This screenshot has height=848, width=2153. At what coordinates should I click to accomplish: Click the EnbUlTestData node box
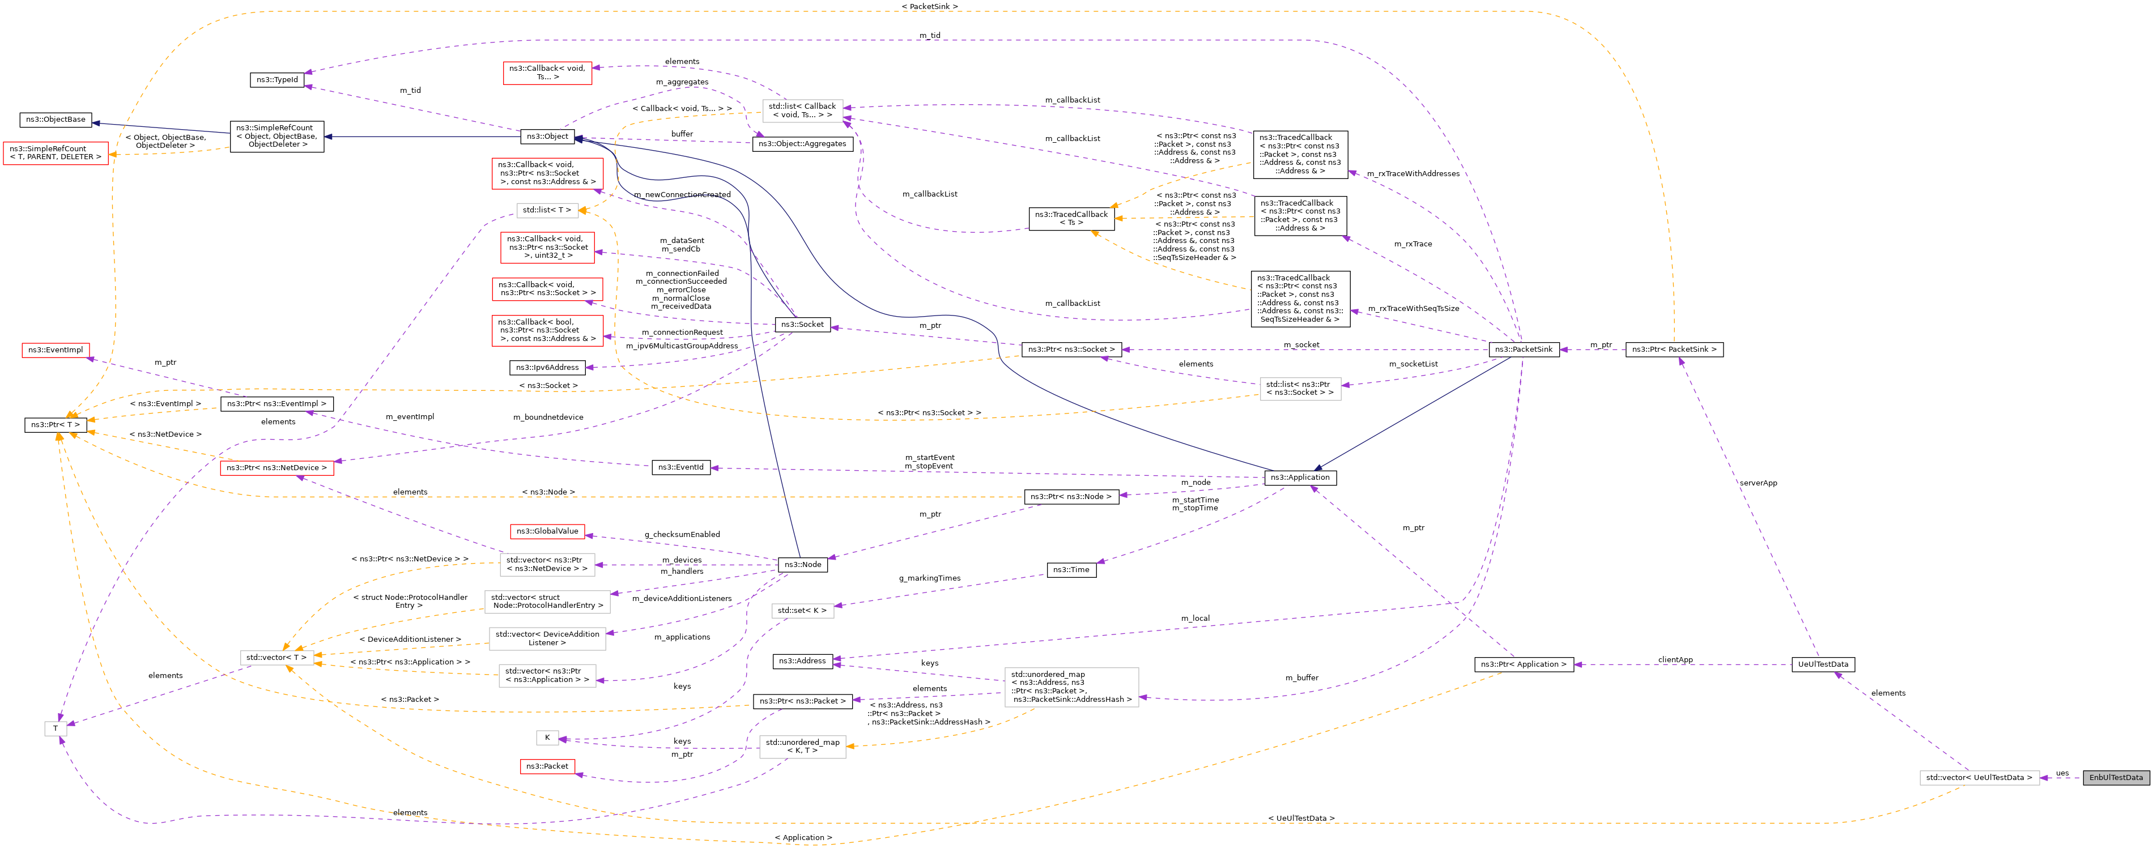(x=2116, y=777)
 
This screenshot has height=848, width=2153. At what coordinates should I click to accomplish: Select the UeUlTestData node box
(x=1823, y=664)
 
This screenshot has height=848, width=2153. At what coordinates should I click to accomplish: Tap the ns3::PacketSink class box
(x=1524, y=349)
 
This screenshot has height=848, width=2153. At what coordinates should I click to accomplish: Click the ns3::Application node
(x=1300, y=477)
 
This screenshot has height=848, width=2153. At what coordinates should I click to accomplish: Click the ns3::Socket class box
(x=802, y=324)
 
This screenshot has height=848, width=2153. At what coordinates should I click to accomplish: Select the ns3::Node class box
(x=802, y=565)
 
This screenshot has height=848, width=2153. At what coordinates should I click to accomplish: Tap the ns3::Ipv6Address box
(x=547, y=368)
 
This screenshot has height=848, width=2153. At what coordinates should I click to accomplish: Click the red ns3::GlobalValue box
(x=547, y=531)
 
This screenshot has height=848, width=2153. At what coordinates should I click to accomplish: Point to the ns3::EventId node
(x=680, y=467)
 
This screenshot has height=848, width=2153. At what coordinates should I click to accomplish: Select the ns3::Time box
(x=1071, y=570)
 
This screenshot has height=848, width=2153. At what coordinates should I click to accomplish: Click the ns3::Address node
(x=802, y=661)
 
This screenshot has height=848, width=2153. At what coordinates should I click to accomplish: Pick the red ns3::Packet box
(x=547, y=766)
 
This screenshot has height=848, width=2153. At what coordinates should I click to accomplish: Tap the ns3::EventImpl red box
(x=55, y=350)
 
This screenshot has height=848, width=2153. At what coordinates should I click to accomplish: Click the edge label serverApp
(x=1758, y=483)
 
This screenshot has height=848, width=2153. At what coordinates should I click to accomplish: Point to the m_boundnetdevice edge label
(x=548, y=417)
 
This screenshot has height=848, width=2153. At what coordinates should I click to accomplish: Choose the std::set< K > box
(x=802, y=611)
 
